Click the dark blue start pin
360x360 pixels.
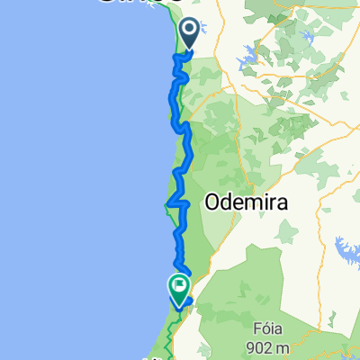coord(191,33)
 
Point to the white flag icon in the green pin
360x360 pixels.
coord(178,286)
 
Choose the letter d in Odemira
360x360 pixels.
coord(229,203)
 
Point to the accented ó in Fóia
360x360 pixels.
coord(318,325)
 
